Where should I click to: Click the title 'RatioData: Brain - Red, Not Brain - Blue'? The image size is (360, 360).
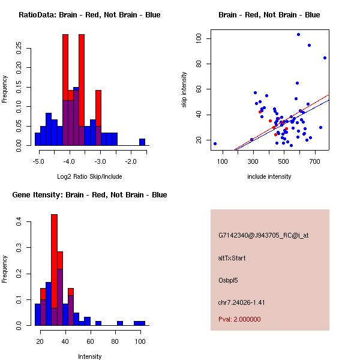[x=89, y=15]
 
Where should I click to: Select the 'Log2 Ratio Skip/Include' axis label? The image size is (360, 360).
[x=89, y=177]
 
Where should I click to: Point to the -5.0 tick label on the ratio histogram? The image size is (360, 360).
[x=38, y=161]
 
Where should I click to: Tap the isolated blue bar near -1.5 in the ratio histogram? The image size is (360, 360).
[x=142, y=142]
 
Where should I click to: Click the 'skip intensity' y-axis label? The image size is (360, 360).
[x=184, y=90]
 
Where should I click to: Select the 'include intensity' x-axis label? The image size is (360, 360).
[x=269, y=176]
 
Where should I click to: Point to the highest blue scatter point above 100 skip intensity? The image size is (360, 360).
[x=298, y=34]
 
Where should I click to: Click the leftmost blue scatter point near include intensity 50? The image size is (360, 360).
[x=215, y=143]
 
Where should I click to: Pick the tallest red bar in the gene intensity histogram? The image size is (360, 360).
[x=54, y=270]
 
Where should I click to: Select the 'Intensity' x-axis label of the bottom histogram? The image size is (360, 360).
[x=89, y=356]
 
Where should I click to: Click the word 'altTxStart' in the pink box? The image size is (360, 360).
[x=232, y=258]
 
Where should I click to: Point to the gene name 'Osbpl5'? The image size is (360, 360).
[x=229, y=280]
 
